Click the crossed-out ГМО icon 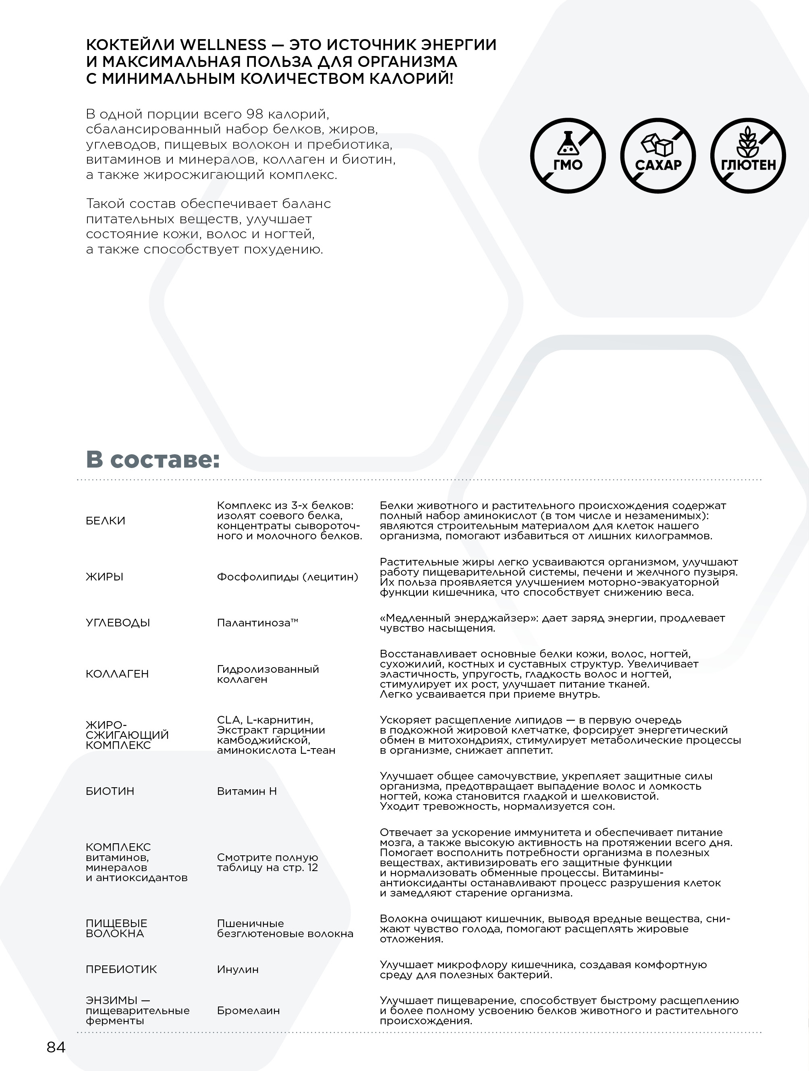point(568,156)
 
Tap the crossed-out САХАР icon point(658,156)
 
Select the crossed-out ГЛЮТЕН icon point(748,156)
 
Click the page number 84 point(56,1047)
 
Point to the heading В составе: point(153,459)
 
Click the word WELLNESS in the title point(223,45)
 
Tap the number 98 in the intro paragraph point(255,114)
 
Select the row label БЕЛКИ point(106,520)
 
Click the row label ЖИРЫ point(104,577)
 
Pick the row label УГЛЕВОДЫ point(118,623)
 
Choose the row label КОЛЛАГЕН point(117,674)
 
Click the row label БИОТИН point(110,791)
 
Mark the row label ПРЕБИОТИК point(121,969)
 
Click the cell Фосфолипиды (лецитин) point(287,577)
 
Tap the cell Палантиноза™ point(257,623)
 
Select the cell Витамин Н point(247,791)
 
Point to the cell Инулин point(238,969)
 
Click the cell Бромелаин point(248,1011)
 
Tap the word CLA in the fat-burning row point(228,720)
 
